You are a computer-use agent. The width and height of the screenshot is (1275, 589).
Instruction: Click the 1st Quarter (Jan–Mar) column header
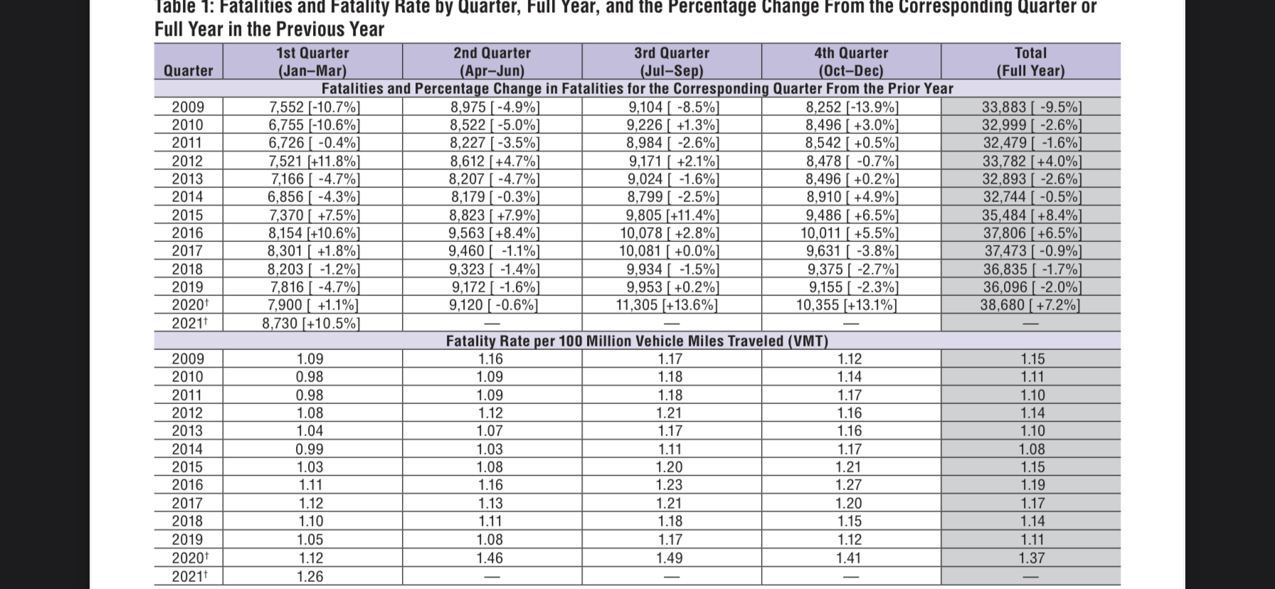pyautogui.click(x=312, y=62)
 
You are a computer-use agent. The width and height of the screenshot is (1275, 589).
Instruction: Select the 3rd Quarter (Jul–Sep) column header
pyautogui.click(x=672, y=62)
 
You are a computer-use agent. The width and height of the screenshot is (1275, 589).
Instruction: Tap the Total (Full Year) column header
pyautogui.click(x=1030, y=62)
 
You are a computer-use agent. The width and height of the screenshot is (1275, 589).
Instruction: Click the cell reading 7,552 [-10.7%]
pyautogui.click(x=314, y=107)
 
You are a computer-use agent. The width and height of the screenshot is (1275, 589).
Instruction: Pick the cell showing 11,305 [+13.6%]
pyautogui.click(x=667, y=305)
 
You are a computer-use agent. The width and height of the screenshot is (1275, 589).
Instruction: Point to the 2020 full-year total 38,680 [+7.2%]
pyautogui.click(x=1030, y=305)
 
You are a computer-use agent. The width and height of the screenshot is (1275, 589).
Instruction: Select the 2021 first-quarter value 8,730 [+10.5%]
pyautogui.click(x=311, y=323)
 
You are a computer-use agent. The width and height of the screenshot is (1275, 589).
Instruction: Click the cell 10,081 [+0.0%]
pyautogui.click(x=669, y=251)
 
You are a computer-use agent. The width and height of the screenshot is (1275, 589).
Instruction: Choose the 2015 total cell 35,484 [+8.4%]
pyautogui.click(x=1032, y=216)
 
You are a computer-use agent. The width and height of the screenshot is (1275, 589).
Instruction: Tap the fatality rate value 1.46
pyautogui.click(x=490, y=558)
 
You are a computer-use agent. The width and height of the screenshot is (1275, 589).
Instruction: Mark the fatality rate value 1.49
pyautogui.click(x=670, y=558)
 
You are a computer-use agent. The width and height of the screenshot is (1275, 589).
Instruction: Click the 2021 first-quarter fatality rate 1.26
pyautogui.click(x=310, y=576)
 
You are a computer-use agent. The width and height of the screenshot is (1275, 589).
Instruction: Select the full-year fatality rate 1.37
pyautogui.click(x=1032, y=558)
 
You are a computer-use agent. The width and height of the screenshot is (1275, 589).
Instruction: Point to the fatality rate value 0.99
pyautogui.click(x=310, y=450)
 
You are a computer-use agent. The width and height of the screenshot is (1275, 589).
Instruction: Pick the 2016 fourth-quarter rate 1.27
pyautogui.click(x=850, y=485)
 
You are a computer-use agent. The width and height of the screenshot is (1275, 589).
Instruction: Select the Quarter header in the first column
pyautogui.click(x=189, y=70)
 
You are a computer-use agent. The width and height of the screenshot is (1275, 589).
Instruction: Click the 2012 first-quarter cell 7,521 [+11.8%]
pyautogui.click(x=314, y=161)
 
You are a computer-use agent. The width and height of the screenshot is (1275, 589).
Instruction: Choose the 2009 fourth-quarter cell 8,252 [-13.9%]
pyautogui.click(x=852, y=107)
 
